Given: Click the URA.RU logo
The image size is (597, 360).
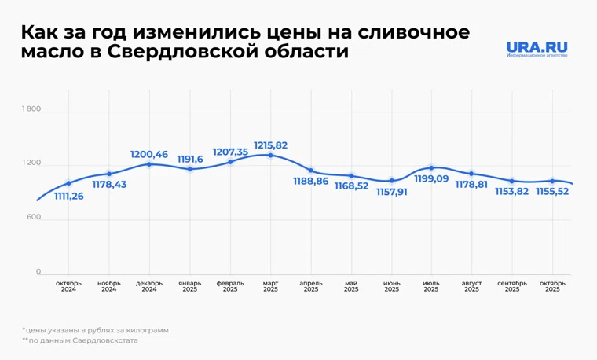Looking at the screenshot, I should [x=537, y=50].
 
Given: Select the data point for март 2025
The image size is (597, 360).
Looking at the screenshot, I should [x=270, y=155].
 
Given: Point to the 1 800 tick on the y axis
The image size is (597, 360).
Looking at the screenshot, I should [x=31, y=109].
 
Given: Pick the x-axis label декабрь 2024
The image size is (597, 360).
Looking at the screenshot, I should [x=149, y=286].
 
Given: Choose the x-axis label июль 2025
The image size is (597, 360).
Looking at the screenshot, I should [x=431, y=286].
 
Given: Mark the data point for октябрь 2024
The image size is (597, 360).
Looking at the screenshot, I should [x=68, y=183].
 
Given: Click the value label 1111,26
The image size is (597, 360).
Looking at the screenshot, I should [x=68, y=196].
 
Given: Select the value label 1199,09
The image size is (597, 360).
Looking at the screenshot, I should [x=432, y=180].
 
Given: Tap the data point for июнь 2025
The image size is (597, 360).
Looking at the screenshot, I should [x=391, y=181].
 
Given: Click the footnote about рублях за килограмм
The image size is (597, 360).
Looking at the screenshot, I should [x=95, y=330].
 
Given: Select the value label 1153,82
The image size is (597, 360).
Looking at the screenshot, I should [x=512, y=191].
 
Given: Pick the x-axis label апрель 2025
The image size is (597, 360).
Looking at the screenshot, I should [x=310, y=286].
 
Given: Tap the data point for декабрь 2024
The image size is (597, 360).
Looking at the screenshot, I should [x=149, y=164].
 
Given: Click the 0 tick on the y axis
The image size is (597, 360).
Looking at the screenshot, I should [x=37, y=273].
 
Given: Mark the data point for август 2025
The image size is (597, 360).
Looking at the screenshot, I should [x=471, y=174].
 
